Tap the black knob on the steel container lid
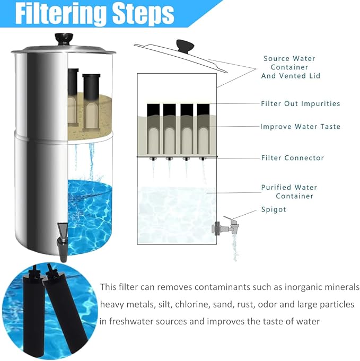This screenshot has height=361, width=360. coord(63,39)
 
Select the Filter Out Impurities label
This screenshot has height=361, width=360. coord(300,103)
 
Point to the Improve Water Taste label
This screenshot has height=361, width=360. coord(300,127)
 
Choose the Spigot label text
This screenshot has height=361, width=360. coord(274,209)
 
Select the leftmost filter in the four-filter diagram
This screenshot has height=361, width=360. coord(153,130)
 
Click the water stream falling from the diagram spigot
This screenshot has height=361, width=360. coord(234,249)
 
